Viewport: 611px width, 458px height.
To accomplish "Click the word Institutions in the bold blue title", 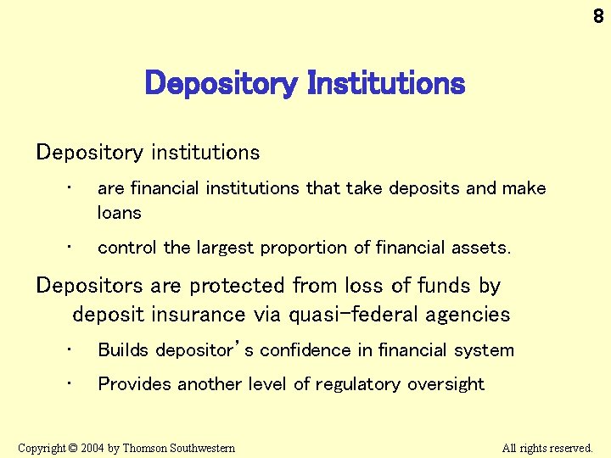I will tap(386, 83).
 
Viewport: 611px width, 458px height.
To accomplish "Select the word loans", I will tap(120, 213).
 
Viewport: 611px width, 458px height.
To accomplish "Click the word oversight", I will tap(446, 384).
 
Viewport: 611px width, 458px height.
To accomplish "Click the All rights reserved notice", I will tap(547, 448).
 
